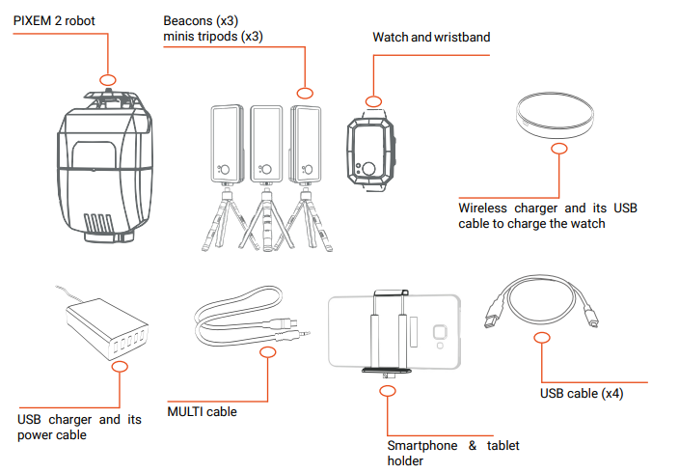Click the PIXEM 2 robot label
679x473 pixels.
[x=54, y=19]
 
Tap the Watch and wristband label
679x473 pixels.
[x=430, y=38]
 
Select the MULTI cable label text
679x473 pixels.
[x=202, y=412]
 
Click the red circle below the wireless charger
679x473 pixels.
[x=559, y=149]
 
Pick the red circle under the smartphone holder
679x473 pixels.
[x=388, y=391]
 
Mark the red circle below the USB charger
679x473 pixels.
[x=119, y=367]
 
